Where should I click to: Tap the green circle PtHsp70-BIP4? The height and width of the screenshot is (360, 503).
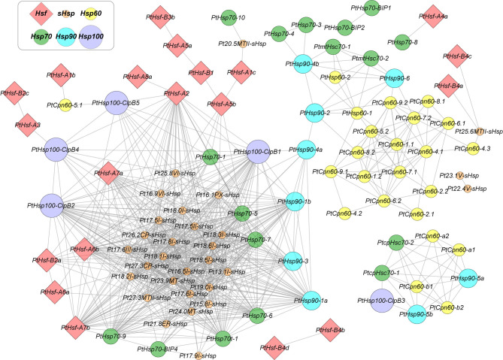(158, 348)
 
